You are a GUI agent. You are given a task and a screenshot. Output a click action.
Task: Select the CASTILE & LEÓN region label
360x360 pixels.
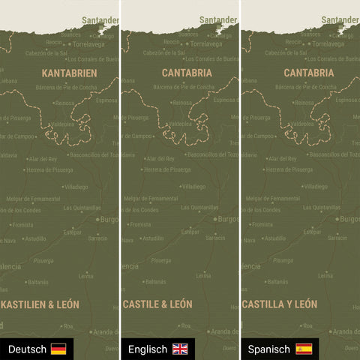coord(157,304)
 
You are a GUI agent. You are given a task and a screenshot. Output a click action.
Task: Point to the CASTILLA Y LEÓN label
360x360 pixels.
coord(279,304)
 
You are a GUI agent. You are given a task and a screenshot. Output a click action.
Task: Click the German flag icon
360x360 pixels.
coord(58,349)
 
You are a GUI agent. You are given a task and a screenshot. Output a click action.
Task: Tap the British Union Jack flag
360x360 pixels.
coord(180,349)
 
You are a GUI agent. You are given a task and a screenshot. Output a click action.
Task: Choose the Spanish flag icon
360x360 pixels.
coord(304,349)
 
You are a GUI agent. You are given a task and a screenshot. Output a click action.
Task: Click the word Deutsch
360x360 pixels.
coord(27,349)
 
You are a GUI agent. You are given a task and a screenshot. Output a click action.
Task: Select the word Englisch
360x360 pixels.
coord(148,349)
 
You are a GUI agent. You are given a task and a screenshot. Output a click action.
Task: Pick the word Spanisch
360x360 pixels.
coord(268,349)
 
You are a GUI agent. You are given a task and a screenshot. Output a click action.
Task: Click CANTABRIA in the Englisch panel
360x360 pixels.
coord(187,73)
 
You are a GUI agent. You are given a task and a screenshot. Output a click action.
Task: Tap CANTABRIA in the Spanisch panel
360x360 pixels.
coord(309,73)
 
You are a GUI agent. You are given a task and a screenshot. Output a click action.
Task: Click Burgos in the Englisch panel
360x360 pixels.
coord(226,219)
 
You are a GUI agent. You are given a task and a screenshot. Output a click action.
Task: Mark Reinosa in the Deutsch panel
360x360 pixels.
coord(64,103)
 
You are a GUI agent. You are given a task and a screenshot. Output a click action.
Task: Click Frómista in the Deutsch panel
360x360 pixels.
coord(23,224)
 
